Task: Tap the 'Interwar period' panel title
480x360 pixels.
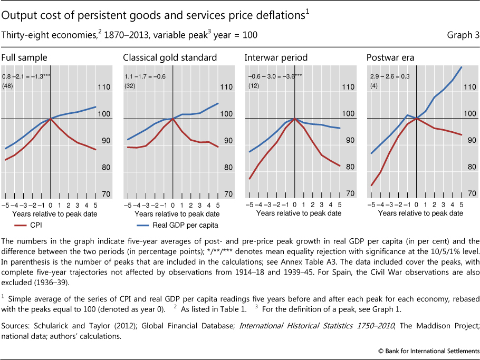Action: click(276, 57)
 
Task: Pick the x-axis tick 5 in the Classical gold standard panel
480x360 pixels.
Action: click(218, 205)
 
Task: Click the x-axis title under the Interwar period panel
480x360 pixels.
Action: click(299, 213)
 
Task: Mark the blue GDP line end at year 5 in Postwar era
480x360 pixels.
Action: click(462, 67)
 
